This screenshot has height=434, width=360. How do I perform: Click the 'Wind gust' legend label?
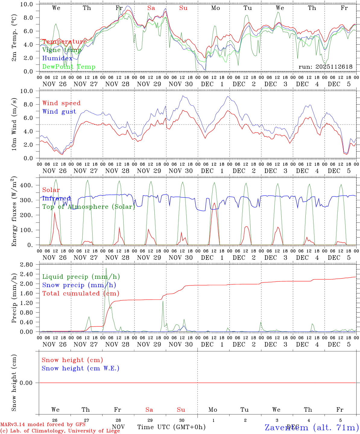[59, 112]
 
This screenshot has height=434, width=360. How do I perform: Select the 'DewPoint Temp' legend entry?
[69, 67]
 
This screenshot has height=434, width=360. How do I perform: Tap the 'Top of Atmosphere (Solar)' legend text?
[88, 207]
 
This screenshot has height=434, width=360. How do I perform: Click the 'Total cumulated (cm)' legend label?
[81, 293]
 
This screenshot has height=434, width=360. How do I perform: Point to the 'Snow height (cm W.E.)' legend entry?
[81, 368]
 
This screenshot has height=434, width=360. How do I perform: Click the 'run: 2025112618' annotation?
[325, 67]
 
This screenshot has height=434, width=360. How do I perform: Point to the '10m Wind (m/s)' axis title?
[14, 124]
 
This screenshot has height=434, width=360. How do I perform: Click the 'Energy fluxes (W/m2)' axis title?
[14, 212]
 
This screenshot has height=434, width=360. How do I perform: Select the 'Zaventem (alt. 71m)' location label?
[312, 427]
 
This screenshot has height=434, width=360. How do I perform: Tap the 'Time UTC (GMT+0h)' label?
[172, 427]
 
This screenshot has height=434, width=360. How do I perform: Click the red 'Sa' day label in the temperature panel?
[151, 8]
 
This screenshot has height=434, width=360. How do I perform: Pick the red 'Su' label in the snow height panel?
[181, 410]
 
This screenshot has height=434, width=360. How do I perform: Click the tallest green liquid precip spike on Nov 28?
[106, 268]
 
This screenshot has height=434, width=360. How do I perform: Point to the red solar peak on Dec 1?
[214, 203]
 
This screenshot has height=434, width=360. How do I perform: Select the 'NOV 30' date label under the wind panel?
[181, 171]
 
